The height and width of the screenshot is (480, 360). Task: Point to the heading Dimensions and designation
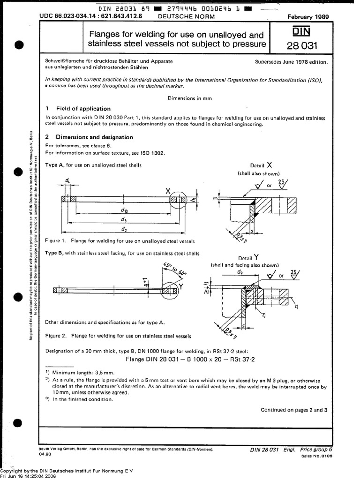94,137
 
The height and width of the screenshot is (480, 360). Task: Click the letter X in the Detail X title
269,165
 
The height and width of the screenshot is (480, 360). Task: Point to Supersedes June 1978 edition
292,62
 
